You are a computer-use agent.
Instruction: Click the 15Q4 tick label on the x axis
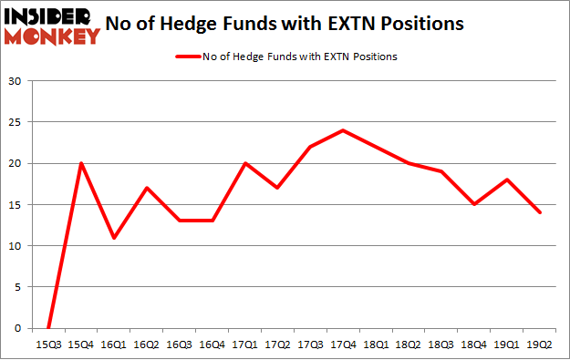pos(80,344)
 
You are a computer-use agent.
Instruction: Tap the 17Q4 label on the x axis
pos(343,344)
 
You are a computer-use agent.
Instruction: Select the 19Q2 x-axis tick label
pos(540,344)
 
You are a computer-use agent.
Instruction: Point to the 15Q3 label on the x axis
pos(47,344)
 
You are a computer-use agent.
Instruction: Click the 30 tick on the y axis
pos(16,81)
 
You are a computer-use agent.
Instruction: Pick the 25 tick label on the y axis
pos(16,122)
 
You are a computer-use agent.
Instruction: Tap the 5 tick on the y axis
pos(18,287)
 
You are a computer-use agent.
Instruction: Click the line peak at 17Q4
pos(343,130)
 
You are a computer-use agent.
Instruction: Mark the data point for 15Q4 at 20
pos(80,163)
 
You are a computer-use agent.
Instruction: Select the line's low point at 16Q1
pos(113,238)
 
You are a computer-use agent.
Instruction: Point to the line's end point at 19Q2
pos(540,212)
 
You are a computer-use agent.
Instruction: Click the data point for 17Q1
pos(244,163)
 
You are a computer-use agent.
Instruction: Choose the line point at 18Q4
pos(474,204)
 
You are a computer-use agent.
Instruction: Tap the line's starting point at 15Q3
pos(47,328)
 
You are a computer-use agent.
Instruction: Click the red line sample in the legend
pos(188,57)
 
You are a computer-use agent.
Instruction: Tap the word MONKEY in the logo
pos(52,36)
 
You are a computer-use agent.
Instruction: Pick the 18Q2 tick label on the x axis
pos(409,344)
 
